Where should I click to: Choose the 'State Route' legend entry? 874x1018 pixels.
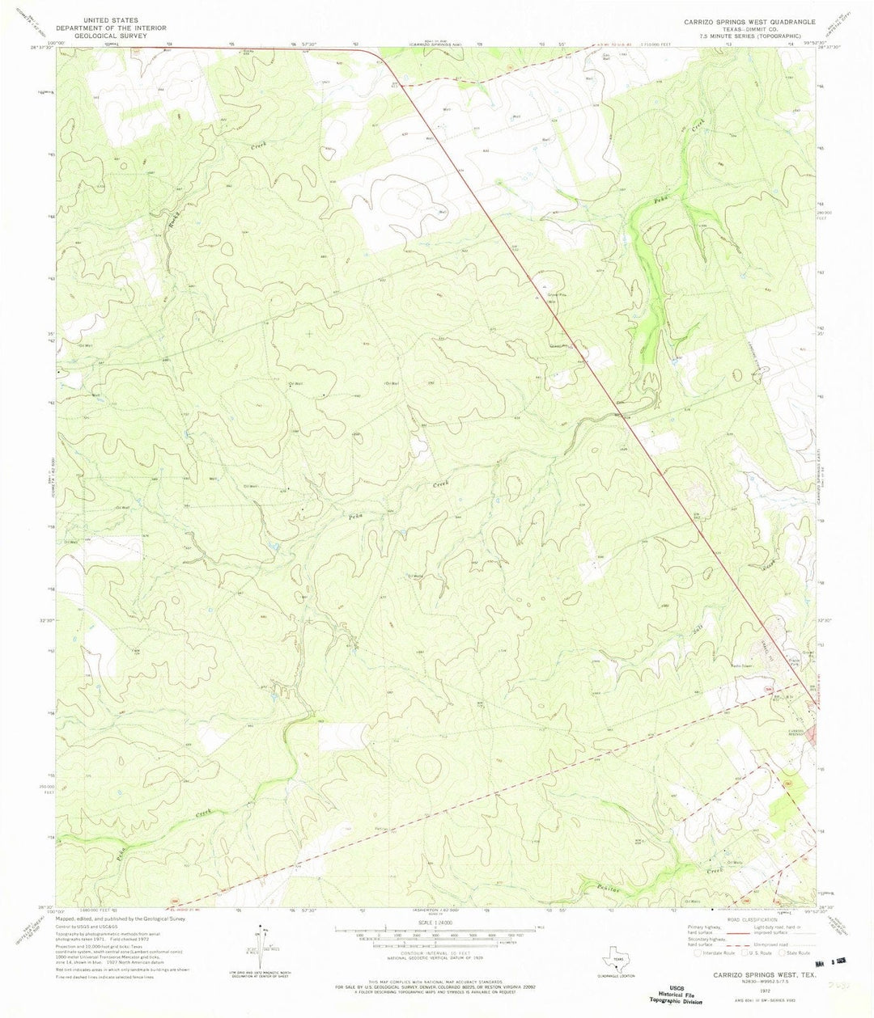pos(797,952)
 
